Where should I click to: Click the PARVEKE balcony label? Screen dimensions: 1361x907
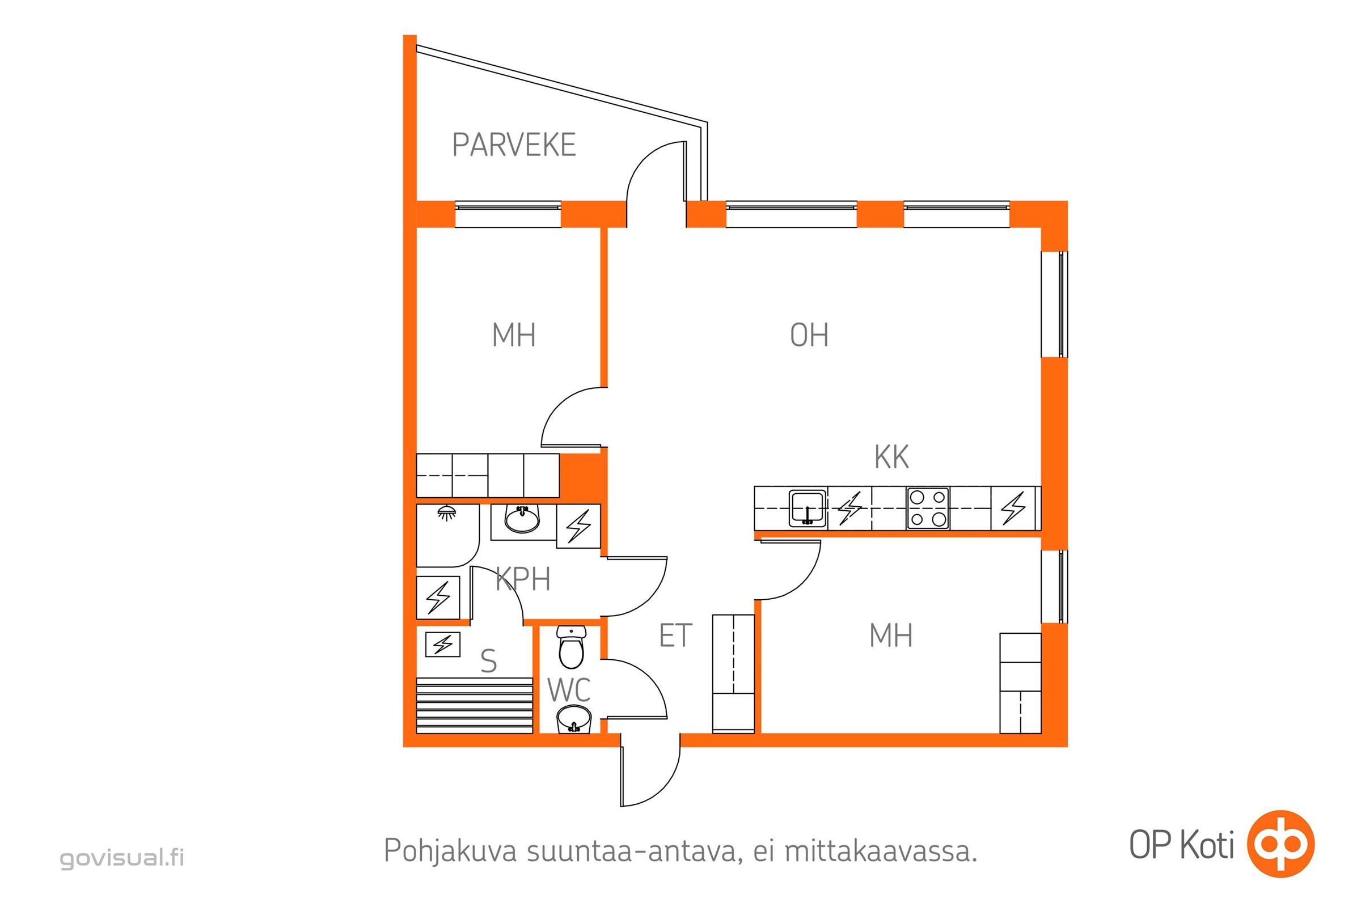click(x=514, y=145)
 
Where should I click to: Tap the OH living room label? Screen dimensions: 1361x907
click(x=809, y=335)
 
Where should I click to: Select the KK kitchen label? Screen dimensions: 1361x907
click(x=891, y=457)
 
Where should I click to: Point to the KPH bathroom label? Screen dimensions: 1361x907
click(x=523, y=579)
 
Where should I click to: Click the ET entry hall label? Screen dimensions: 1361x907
click(x=675, y=635)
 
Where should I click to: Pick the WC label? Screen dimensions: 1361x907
click(x=569, y=689)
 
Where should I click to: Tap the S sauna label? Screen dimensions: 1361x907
click(x=488, y=661)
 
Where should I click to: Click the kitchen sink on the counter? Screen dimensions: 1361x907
click(x=807, y=508)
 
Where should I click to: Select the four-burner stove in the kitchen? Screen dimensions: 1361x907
click(x=928, y=508)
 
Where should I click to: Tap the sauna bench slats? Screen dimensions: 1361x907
click(x=475, y=705)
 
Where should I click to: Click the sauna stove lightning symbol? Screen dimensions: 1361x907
click(x=443, y=645)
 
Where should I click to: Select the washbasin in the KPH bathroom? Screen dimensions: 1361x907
click(x=522, y=518)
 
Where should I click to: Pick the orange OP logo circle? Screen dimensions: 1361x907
click(x=1280, y=844)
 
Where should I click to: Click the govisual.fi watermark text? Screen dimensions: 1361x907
click(x=122, y=858)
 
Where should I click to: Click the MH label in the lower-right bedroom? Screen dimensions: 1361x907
click(x=891, y=635)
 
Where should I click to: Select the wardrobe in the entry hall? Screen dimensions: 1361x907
click(x=733, y=674)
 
